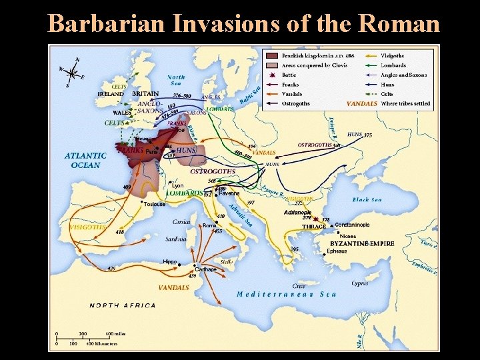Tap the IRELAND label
111,95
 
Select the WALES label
121,113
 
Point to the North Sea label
176,81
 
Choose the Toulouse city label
153,204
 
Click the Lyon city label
178,185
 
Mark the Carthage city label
205,269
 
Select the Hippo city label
170,262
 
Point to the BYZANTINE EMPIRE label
362,244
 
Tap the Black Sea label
367,199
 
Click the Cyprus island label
359,283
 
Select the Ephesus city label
337,251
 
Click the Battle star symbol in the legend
271,75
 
